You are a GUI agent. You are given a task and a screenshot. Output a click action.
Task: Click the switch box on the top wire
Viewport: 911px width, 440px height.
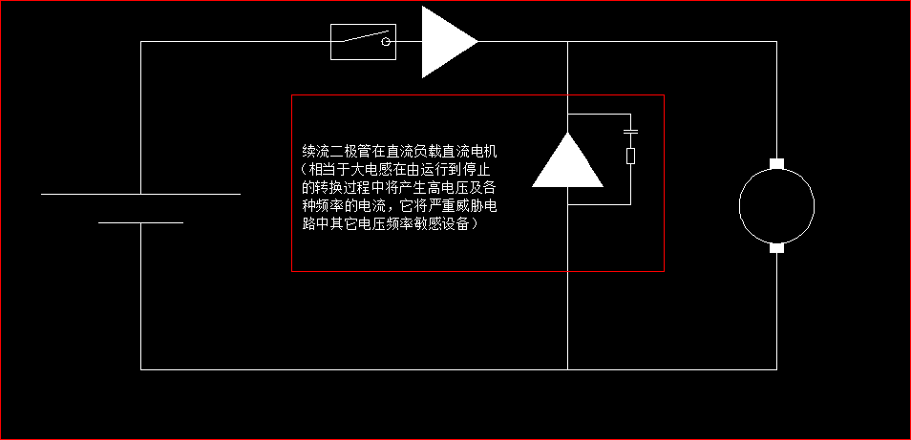click(x=363, y=42)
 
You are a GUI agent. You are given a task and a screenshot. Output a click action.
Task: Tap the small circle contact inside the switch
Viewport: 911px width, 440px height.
click(x=387, y=42)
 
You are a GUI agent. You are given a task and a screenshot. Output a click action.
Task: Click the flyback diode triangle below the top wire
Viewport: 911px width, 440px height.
click(x=567, y=163)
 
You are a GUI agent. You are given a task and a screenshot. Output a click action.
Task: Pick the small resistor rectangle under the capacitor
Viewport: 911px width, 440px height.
click(x=630, y=156)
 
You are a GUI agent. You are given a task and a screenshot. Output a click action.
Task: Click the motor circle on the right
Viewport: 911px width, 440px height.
click(x=776, y=204)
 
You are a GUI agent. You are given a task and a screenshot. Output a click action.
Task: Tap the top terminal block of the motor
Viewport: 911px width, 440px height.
click(x=776, y=164)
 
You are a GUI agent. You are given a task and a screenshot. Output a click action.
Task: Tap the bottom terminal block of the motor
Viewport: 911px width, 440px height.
click(x=776, y=248)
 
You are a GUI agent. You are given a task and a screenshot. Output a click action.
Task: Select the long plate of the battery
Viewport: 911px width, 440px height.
click(x=140, y=194)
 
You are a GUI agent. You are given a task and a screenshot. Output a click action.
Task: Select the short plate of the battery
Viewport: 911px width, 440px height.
click(x=140, y=222)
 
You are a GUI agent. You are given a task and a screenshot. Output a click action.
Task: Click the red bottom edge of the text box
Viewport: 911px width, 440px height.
click(x=477, y=271)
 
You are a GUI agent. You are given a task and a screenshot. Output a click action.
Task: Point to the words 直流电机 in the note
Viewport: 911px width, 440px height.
click(x=472, y=152)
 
